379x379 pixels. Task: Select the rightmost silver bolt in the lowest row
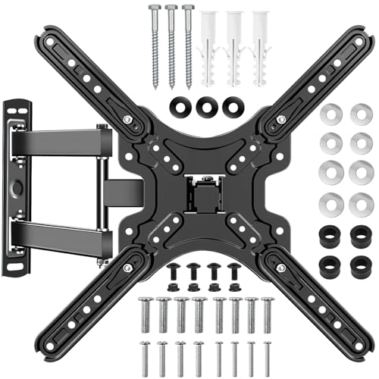click(266, 356)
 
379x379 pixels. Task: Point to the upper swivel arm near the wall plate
click(61, 140)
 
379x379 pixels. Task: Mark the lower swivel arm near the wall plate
click(61, 231)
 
